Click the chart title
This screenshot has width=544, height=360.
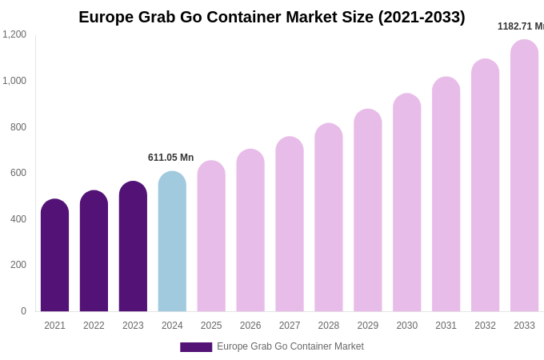coord(271,17)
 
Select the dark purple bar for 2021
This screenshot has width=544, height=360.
coord(54,256)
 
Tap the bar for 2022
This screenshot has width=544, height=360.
coord(94,251)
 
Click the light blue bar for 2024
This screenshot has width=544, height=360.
coord(172,242)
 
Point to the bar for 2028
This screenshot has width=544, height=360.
coord(329,218)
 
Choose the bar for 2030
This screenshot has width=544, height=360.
coord(406,203)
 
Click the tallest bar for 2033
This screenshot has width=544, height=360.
coord(524,176)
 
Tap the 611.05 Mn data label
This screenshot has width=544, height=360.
coord(170,158)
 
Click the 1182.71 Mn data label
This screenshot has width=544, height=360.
coord(521,26)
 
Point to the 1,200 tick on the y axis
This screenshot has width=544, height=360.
coord(14,34)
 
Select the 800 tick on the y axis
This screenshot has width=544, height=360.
coord(18,126)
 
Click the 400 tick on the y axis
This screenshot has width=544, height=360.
coord(18,219)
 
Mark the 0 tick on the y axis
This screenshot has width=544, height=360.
coord(23,311)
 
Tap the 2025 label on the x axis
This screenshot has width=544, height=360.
coord(211,326)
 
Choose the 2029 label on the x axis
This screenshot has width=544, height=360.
coord(368,326)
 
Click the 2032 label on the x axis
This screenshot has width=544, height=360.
coord(485,326)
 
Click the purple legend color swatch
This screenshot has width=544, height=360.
coord(196,347)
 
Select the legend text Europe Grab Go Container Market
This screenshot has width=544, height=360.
coord(290,346)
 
